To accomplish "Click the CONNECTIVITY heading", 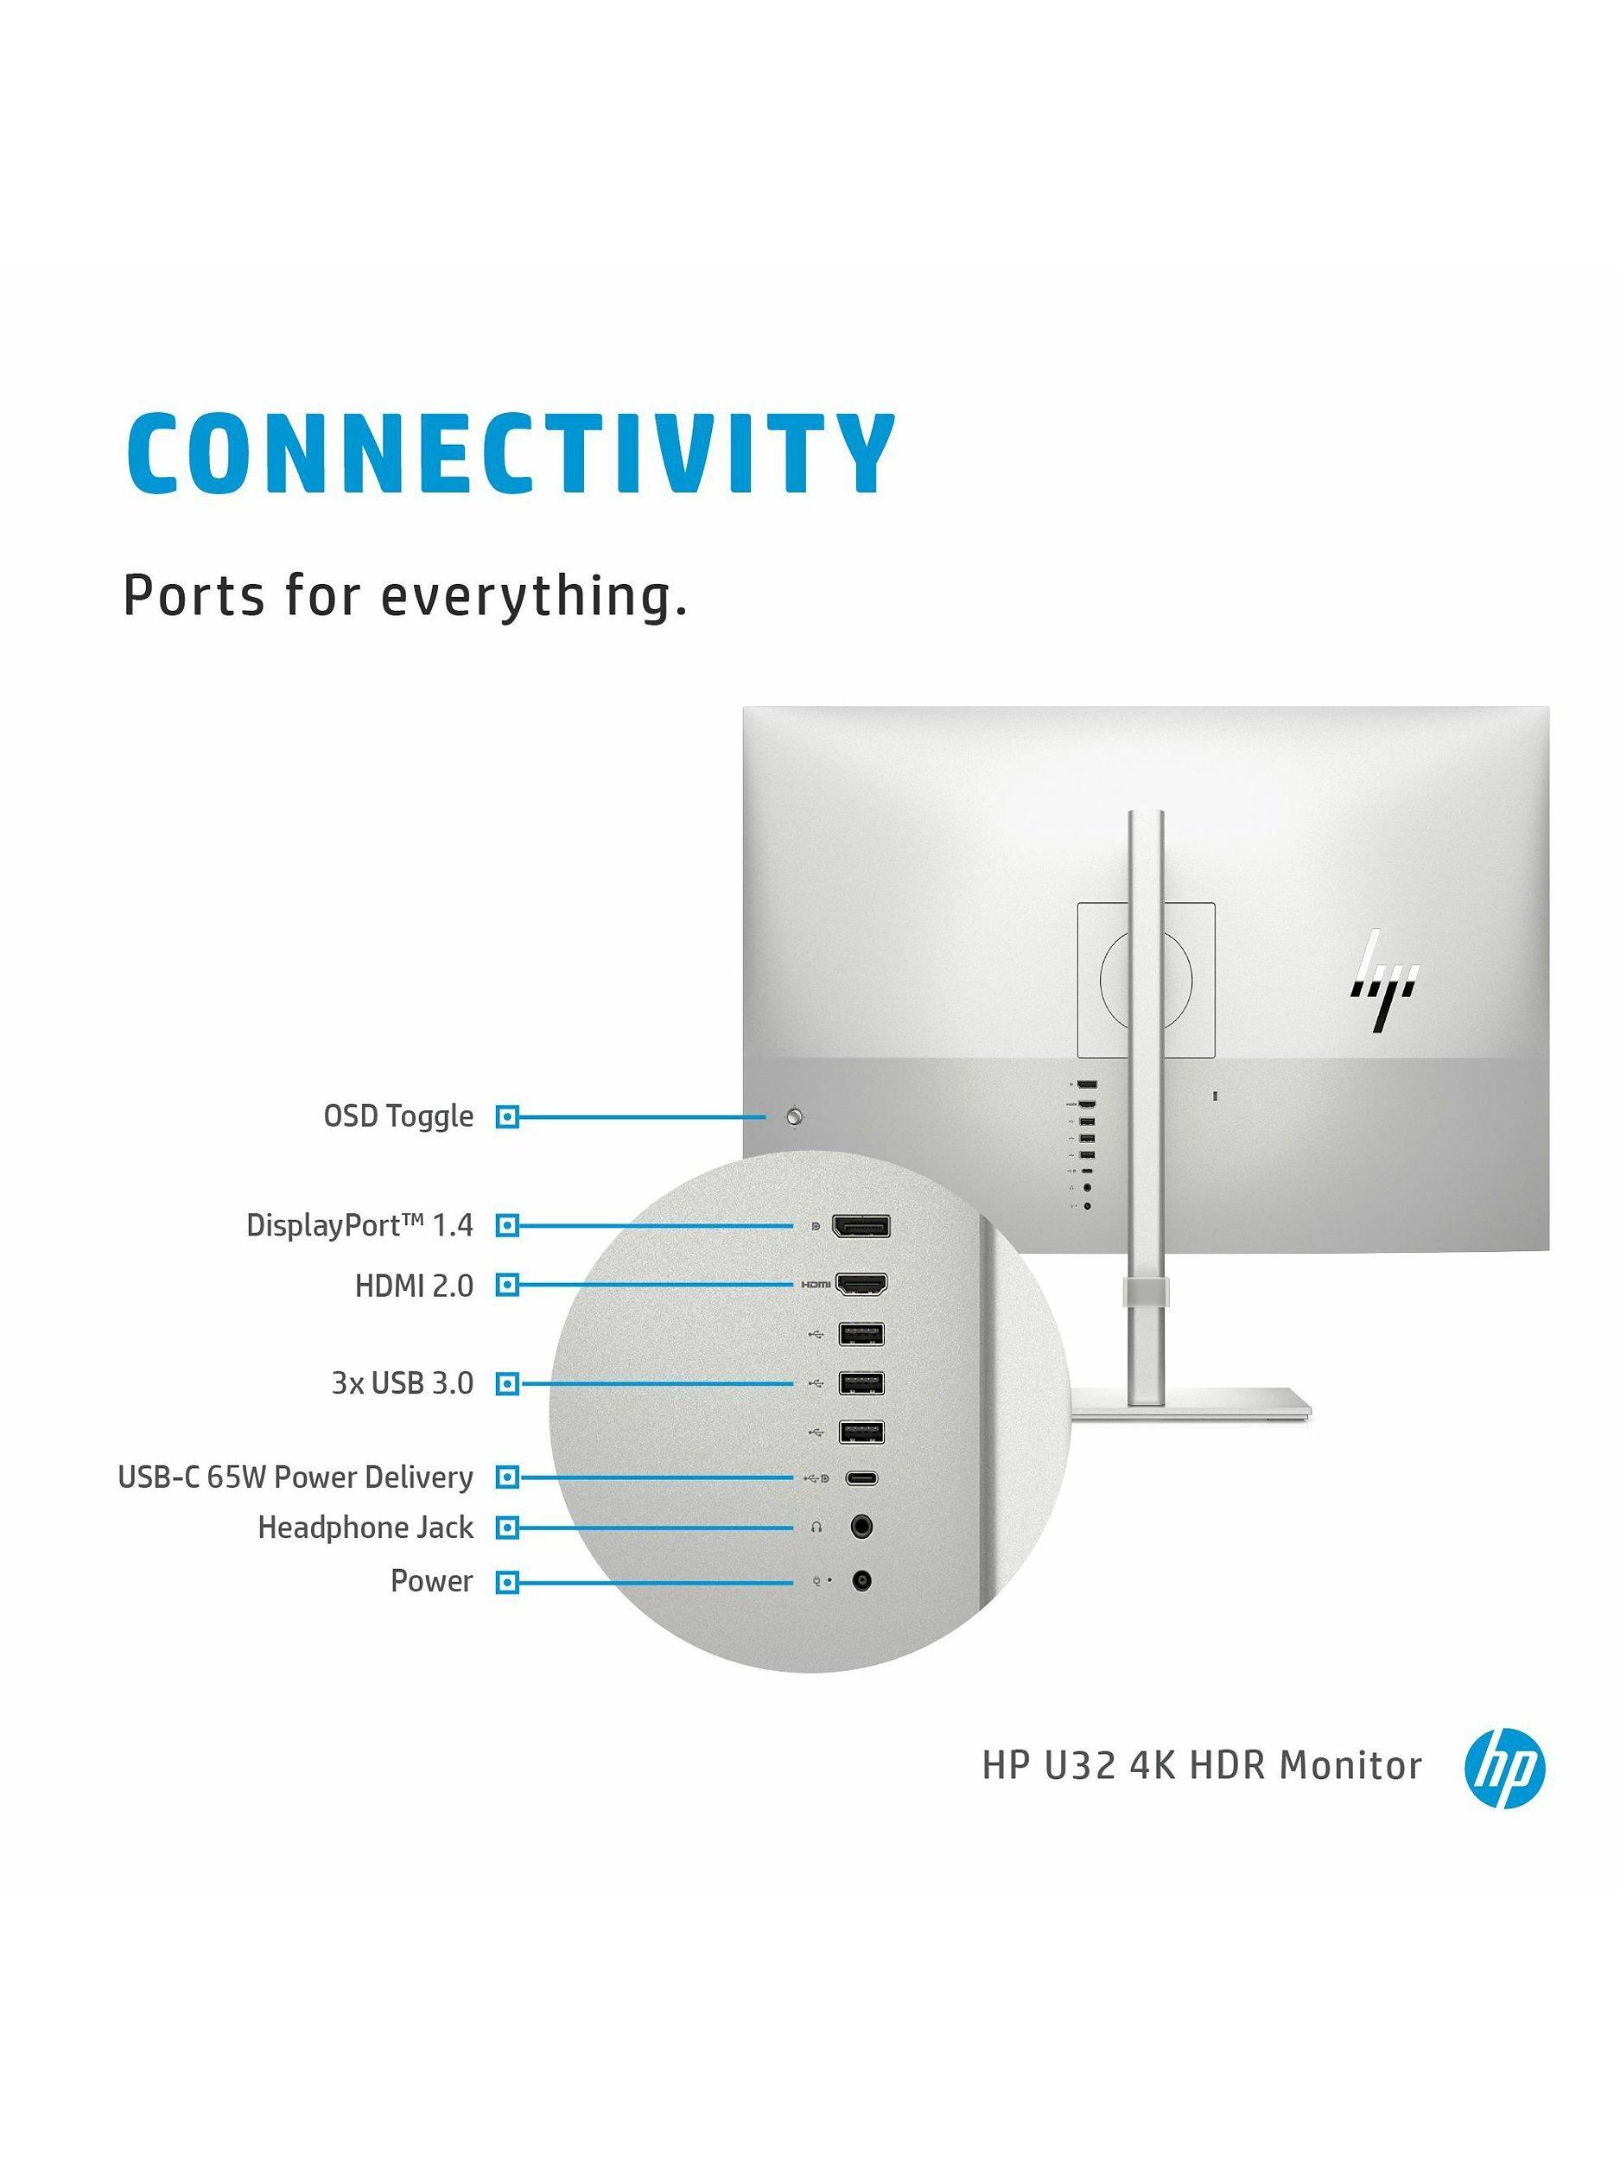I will pyautogui.click(x=510, y=454).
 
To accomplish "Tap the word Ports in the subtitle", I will pyautogui.click(x=193, y=594).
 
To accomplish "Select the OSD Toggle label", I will pyautogui.click(x=397, y=1116).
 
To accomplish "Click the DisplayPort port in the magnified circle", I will pyautogui.click(x=860, y=1227).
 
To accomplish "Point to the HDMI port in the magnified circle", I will pyautogui.click(x=862, y=1283).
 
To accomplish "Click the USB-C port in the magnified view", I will pyautogui.click(x=861, y=1477).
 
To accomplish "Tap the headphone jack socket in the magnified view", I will pyautogui.click(x=861, y=1527).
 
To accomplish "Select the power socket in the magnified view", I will pyautogui.click(x=861, y=1580).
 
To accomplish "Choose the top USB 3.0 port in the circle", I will pyautogui.click(x=861, y=1333).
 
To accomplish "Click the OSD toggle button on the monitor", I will pyautogui.click(x=797, y=1116).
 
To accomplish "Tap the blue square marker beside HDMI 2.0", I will pyautogui.click(x=505, y=1285).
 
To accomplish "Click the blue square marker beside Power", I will pyautogui.click(x=505, y=1582).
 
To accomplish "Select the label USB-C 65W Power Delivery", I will pyautogui.click(x=295, y=1477).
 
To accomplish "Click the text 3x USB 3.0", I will pyautogui.click(x=402, y=1383).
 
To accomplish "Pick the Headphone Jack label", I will pyautogui.click(x=365, y=1528).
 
